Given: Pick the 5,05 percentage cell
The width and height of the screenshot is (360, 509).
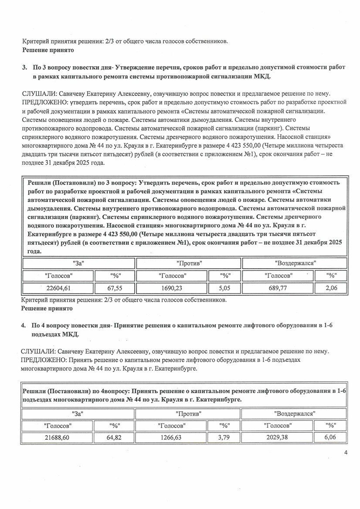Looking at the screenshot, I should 224,288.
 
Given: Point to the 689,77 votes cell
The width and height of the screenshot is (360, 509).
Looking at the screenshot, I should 279,288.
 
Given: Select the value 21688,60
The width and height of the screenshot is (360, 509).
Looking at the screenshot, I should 58,438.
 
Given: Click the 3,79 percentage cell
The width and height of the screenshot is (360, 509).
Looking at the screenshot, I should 224,438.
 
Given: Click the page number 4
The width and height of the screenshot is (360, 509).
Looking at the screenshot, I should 346,453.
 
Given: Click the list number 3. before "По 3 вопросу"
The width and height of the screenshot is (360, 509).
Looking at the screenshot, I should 24,67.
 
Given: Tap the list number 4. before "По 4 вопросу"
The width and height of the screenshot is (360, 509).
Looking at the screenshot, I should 24,325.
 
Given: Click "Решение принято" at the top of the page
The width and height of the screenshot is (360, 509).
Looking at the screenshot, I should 48,50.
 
